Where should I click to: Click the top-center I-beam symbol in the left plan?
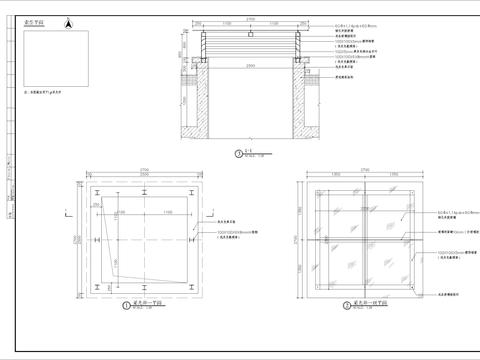[x=147, y=189]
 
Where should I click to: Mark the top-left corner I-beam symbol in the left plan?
[x=97, y=189]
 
